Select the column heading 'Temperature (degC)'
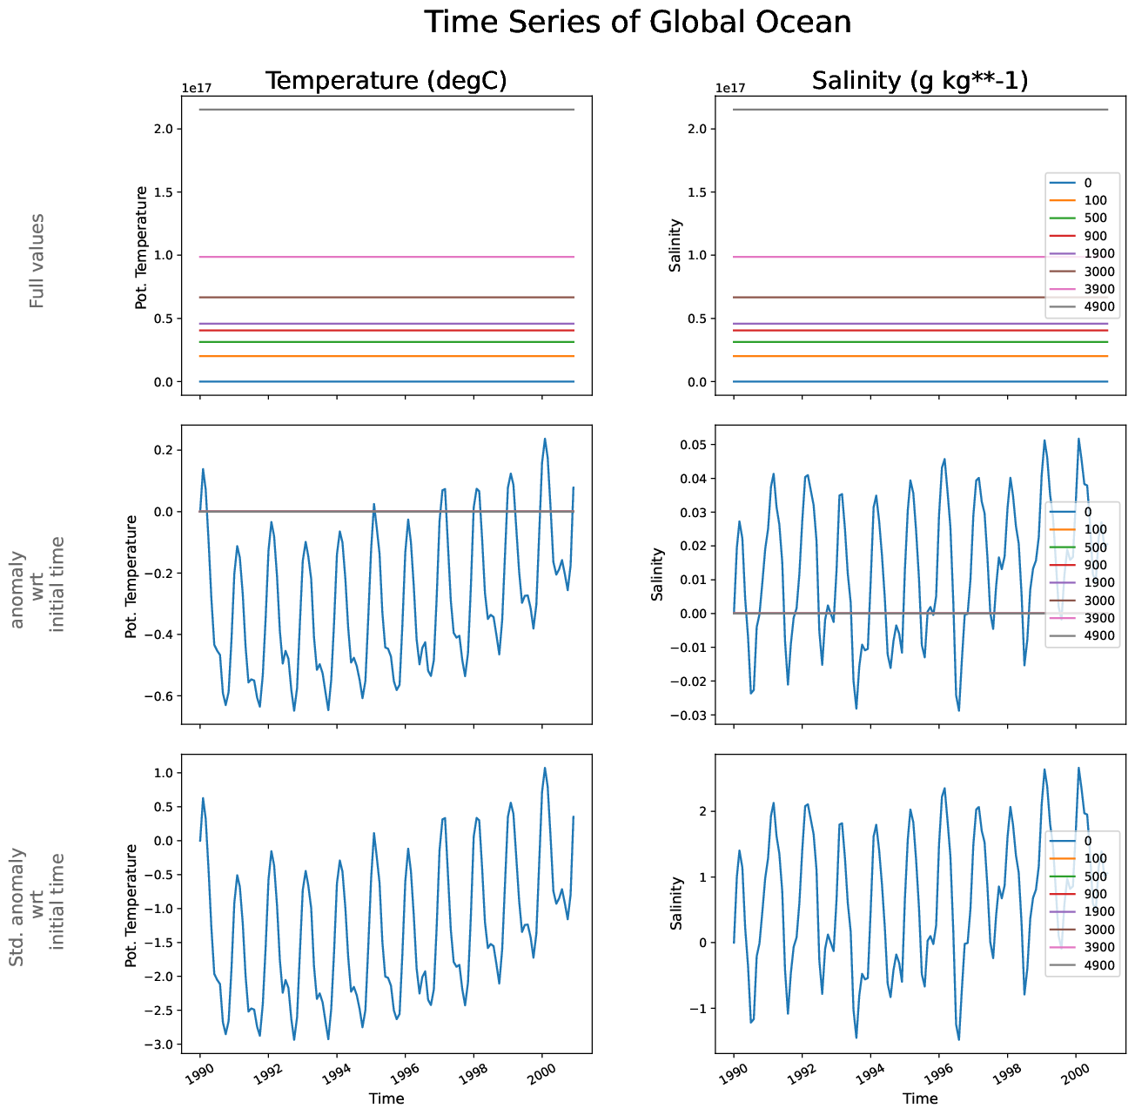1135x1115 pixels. (x=386, y=81)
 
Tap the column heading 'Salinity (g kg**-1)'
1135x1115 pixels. (x=920, y=81)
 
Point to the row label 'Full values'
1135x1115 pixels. (x=37, y=260)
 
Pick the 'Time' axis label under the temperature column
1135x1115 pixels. (x=386, y=1098)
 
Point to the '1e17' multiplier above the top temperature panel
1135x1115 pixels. (x=196, y=88)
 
